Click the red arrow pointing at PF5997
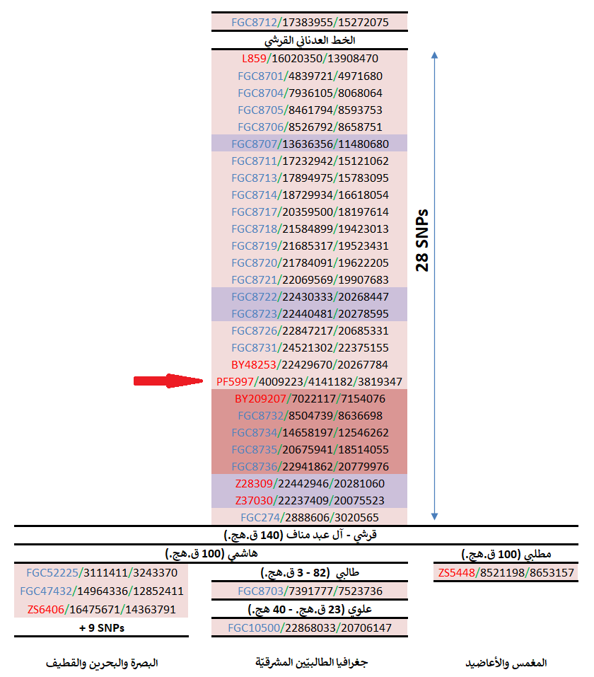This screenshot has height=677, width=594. pyautogui.click(x=168, y=381)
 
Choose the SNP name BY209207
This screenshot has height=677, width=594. pyautogui.click(x=259, y=398)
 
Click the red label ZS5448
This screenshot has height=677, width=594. pyautogui.click(x=456, y=572)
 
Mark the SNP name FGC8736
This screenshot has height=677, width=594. pyautogui.click(x=259, y=466)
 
